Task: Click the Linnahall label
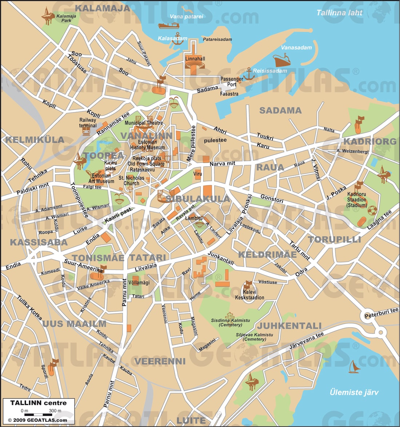pos(195,59)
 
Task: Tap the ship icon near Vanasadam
pos(282,60)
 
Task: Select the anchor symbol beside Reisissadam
pos(248,73)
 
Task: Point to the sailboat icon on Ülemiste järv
pos(354,367)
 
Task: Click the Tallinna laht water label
pos(339,13)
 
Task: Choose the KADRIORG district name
pos(369,141)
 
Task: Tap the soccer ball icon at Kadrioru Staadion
pos(372,210)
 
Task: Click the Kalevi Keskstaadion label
pos(249,295)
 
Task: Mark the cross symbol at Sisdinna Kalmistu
pos(229,315)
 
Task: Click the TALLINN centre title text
pos(39,403)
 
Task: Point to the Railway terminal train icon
pos(86,132)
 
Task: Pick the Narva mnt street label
pos(222,164)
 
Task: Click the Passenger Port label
pos(232,81)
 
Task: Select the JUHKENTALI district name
pos(289,326)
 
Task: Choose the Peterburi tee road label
pos(381,313)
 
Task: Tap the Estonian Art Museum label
pos(101,179)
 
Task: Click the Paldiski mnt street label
pos(33,189)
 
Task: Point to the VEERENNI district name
pos(160,361)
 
